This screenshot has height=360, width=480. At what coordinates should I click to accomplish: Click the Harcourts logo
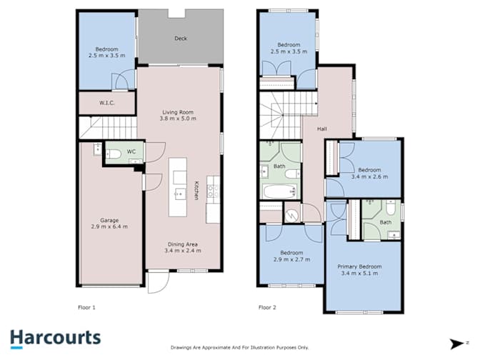point(56,339)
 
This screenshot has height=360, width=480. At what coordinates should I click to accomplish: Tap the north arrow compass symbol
point(458,344)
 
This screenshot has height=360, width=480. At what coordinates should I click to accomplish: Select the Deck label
point(181,39)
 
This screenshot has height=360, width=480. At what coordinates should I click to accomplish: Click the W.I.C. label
point(107,103)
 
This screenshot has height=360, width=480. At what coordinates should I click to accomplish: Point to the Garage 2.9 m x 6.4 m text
point(109,224)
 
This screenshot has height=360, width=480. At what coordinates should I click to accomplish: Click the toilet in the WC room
point(114,154)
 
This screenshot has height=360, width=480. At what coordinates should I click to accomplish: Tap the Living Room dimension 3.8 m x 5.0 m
point(178,119)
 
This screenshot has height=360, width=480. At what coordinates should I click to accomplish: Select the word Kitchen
point(196,191)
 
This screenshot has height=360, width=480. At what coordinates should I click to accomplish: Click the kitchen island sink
point(180,194)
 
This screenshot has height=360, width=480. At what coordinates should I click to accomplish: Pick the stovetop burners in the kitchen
point(213,191)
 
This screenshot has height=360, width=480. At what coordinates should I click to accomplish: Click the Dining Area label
point(182,244)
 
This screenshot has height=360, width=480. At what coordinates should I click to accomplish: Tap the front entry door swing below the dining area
point(158,282)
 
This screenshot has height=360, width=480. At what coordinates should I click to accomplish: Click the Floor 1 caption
point(86,307)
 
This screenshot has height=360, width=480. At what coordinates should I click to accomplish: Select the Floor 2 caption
point(267,307)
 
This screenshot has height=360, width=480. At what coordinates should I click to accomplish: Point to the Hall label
point(321,129)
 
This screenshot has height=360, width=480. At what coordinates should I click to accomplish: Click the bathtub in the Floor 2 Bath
point(280,191)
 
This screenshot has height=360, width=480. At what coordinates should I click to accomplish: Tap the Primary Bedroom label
point(359,266)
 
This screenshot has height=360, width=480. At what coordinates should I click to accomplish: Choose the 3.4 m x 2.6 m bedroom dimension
point(369,176)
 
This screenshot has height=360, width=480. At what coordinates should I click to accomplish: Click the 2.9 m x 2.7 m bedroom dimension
point(291,259)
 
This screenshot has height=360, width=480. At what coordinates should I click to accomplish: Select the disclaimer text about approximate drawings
point(239,347)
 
